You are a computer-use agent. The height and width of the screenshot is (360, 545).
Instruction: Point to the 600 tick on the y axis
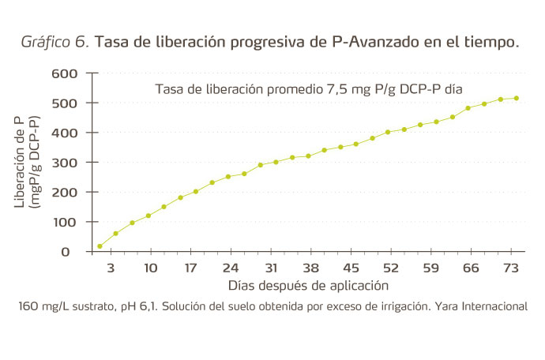click(x=65, y=73)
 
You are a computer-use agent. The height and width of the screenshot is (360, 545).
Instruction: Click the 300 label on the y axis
click(x=65, y=163)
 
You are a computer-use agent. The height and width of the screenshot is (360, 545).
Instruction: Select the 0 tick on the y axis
click(x=77, y=252)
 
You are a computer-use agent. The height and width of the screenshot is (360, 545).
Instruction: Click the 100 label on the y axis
click(x=65, y=222)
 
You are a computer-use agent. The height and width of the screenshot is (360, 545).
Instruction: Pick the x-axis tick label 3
click(x=111, y=268)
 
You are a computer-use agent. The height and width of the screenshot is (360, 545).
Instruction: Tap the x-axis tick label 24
click(x=231, y=268)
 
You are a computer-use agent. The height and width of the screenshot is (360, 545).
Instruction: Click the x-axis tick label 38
click(x=310, y=268)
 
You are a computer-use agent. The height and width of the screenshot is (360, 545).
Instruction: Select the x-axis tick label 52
click(x=390, y=268)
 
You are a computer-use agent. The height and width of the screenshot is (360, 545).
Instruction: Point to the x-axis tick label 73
click(x=511, y=268)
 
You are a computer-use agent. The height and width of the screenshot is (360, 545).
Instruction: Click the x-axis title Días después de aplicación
click(x=308, y=284)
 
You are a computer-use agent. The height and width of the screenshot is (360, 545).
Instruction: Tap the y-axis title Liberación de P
click(x=20, y=162)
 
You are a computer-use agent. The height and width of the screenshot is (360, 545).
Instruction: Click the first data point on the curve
click(x=100, y=246)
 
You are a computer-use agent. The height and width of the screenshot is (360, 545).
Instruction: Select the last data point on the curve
click(x=517, y=98)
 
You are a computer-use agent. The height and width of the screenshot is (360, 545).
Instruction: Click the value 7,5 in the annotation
click(x=336, y=89)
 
